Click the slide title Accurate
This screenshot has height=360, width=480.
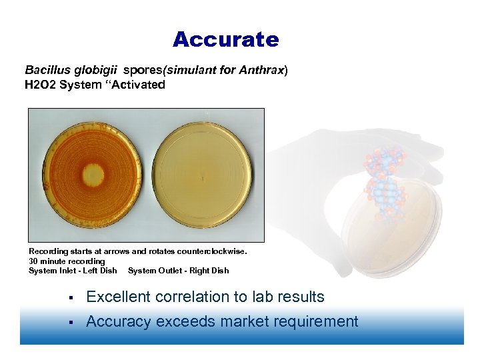point(225,40)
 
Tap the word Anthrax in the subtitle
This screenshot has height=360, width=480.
point(265,70)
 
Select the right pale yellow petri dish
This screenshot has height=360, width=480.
point(204,175)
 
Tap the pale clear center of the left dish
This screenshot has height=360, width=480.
point(91,176)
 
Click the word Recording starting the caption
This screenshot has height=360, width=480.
point(48,251)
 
